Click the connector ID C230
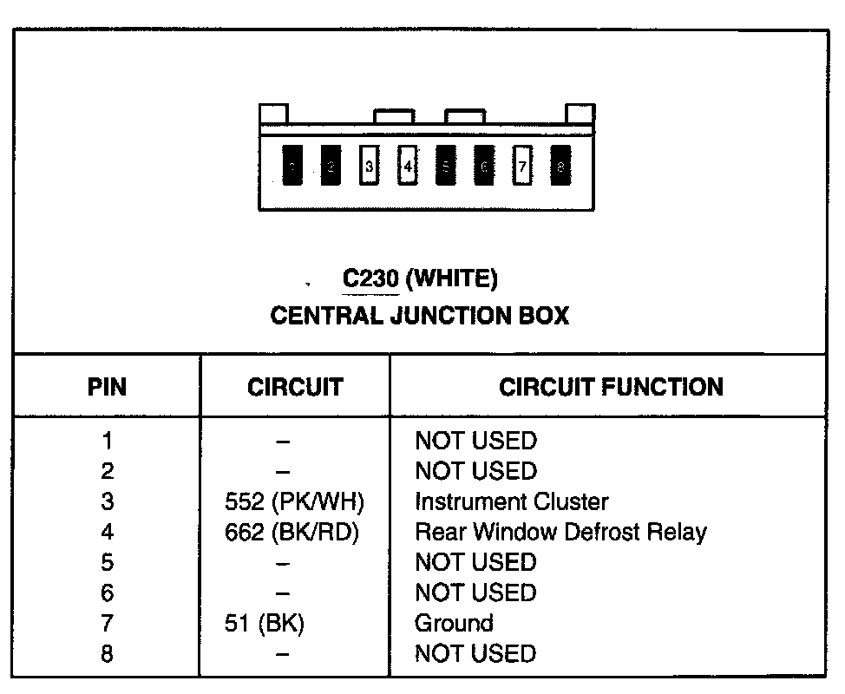point(370,278)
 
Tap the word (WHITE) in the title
point(452,278)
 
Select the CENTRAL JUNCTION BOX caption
point(420,315)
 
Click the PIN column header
point(107,387)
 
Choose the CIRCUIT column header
point(295,387)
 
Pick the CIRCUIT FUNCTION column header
point(611,387)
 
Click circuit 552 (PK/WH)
point(293,501)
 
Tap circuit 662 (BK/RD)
point(291,532)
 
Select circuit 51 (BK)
point(265,623)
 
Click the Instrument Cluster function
point(512,501)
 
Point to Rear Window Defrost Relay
point(560,532)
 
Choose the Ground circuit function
point(454,623)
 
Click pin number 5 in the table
point(107,562)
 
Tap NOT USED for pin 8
point(475,653)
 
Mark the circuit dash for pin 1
point(283,442)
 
